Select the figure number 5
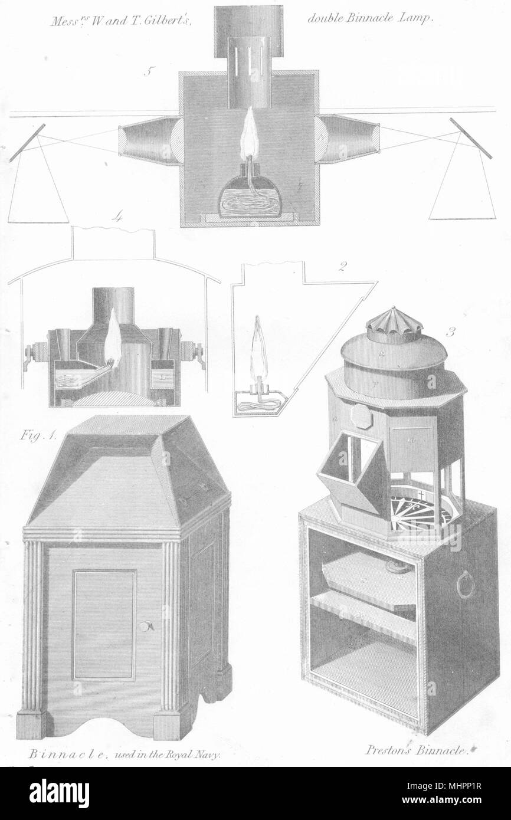[x=148, y=72]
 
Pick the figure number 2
[x=342, y=267]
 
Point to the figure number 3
[x=451, y=332]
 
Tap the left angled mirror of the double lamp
[x=28, y=143]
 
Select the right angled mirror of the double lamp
[x=471, y=138]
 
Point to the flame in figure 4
[x=113, y=337]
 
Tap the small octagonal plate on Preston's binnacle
[x=362, y=416]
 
